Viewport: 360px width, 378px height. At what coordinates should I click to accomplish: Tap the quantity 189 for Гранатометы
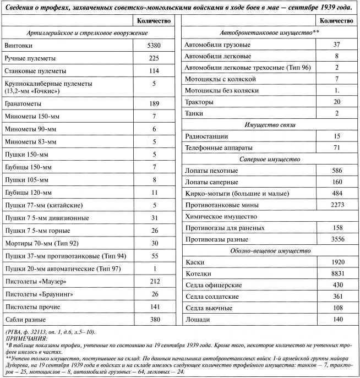coord(154,103)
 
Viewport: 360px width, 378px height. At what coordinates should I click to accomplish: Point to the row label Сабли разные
coord(25,319)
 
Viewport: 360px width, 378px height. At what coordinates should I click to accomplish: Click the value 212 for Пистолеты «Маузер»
coord(154,281)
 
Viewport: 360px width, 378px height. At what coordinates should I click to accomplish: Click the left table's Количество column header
coord(154,20)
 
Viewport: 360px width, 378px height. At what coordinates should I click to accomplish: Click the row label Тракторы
coord(200,102)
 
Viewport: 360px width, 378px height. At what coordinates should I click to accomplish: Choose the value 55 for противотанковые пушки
coord(154,256)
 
